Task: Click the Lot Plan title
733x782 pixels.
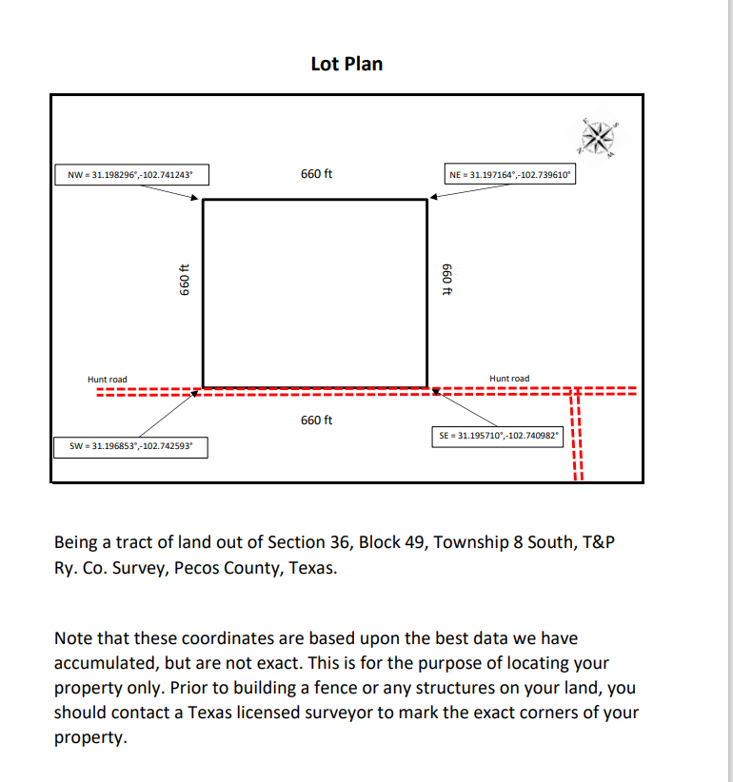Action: coord(347,64)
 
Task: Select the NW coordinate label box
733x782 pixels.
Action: coord(130,175)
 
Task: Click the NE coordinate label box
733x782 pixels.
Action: coord(510,175)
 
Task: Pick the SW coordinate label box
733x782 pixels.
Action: coord(130,445)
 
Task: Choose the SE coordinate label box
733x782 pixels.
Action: coord(498,435)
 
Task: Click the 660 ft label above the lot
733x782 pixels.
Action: coord(316,174)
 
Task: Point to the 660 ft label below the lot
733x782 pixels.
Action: coord(316,420)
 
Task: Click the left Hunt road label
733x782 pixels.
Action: coord(107,380)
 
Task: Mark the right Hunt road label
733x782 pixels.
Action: coord(509,379)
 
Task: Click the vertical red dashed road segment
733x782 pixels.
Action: coord(575,438)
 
